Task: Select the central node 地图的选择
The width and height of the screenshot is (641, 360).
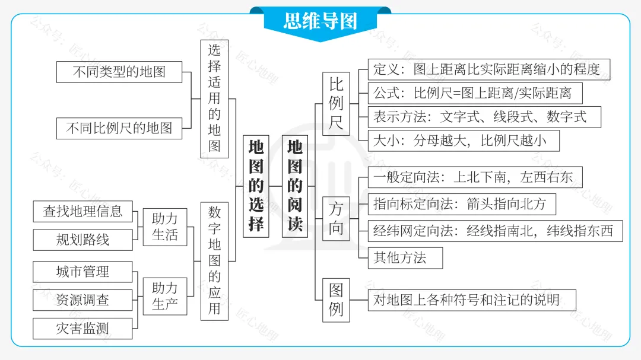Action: coord(256,186)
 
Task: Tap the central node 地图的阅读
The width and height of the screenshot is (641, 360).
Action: coord(295,186)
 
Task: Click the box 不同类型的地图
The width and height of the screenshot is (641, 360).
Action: coord(119,72)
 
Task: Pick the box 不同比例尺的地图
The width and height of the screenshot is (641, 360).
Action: coord(119,128)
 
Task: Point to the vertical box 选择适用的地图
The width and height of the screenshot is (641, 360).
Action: coord(214,98)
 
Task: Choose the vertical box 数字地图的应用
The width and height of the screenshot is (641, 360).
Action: coord(214,261)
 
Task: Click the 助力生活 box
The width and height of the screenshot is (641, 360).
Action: coord(164,227)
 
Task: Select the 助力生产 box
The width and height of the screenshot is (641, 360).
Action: coord(164,296)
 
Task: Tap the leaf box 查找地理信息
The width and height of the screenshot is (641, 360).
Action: coord(82,211)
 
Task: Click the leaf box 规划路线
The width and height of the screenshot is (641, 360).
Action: coord(82,240)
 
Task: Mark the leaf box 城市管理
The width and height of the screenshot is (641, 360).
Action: coord(82,272)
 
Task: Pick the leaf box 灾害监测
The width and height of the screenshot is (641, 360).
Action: coord(82,328)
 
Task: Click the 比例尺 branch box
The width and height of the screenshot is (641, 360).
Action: coord(336,104)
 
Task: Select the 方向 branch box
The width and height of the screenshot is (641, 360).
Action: coord(336,219)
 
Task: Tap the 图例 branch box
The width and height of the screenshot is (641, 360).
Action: coord(336,300)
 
